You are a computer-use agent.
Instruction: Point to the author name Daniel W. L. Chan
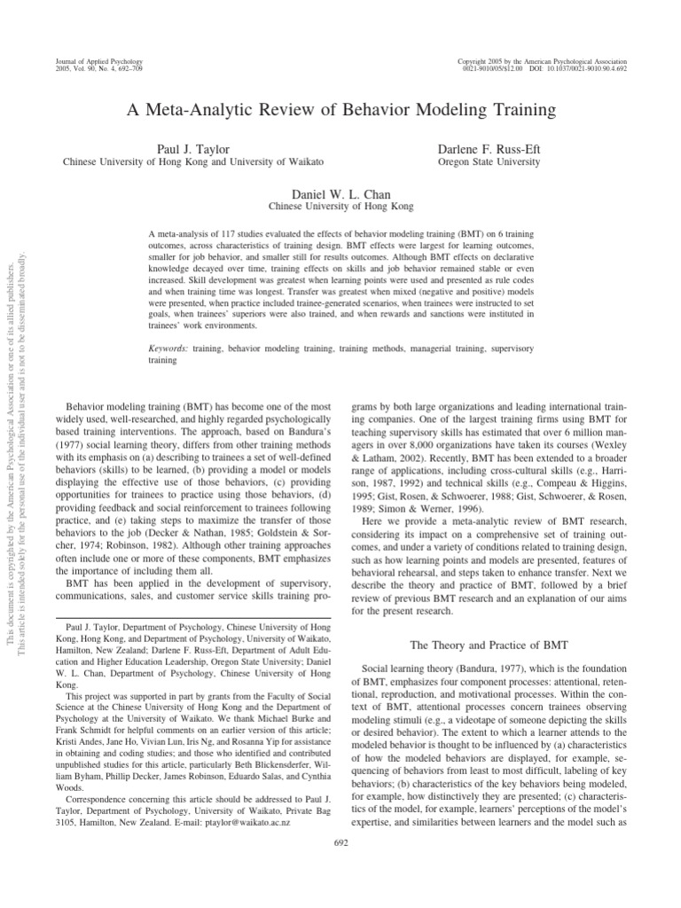[x=341, y=193]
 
